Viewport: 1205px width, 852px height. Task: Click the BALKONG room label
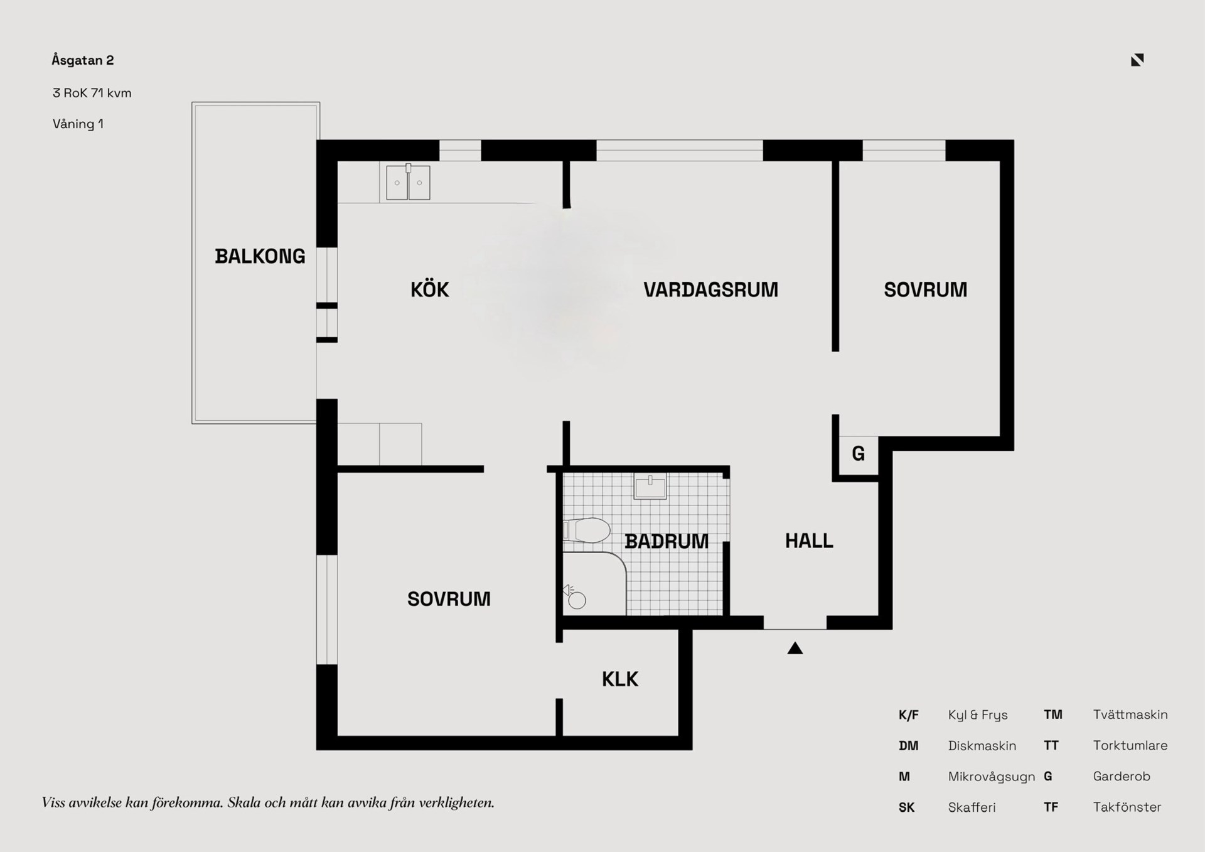260,256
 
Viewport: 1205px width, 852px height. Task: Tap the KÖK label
430,289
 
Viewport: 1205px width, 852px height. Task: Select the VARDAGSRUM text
710,289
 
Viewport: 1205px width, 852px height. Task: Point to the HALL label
809,541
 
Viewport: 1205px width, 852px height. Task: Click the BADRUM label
667,541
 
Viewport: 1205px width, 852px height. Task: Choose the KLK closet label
620,679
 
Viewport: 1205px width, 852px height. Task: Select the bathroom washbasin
650,487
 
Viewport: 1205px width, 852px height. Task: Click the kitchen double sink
408,182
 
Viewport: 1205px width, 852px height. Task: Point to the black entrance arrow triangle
795,648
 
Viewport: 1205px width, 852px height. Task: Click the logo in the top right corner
1137,60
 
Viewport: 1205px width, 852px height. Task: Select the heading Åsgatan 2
83,60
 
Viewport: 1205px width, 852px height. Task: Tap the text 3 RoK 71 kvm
92,93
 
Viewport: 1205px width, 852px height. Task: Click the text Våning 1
78,124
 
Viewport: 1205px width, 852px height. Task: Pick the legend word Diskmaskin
982,746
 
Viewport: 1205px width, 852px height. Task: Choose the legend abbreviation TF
1051,807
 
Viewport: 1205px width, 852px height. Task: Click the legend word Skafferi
972,807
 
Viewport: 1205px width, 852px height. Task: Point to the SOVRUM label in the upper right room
926,289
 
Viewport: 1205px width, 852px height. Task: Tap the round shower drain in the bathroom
577,601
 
